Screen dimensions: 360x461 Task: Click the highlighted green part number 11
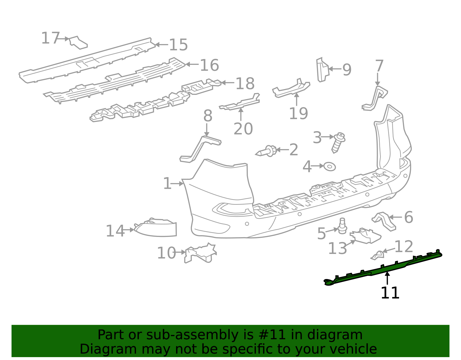pos(383,268)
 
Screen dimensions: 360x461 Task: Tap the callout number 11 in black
pos(390,293)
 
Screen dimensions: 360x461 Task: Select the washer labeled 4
pos(329,167)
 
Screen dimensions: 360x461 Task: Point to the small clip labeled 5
pos(342,226)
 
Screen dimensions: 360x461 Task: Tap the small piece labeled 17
pos(78,43)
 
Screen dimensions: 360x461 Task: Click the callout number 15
pos(178,45)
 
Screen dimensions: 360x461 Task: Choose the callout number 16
pos(209,65)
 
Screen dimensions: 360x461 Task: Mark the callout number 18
pos(245,84)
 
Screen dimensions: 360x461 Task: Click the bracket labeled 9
pos(322,70)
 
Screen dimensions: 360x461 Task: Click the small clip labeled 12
pos(378,255)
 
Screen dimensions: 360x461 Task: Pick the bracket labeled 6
pos(385,221)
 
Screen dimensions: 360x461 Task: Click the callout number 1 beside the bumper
pos(167,184)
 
